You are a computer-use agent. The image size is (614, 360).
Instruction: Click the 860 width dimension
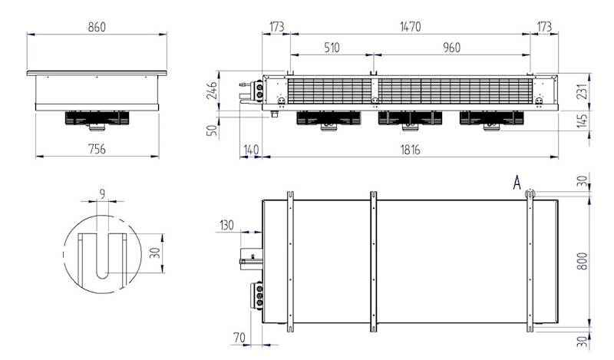point(97,27)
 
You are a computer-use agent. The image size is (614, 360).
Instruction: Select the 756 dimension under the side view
point(97,149)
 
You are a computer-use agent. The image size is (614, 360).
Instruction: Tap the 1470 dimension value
point(411,27)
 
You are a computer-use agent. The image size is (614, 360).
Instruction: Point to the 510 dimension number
point(332,48)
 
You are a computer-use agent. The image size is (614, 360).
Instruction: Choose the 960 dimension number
point(451,48)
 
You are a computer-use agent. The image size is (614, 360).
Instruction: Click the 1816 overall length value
point(411,149)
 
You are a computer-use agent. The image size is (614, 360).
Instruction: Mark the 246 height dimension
point(212,91)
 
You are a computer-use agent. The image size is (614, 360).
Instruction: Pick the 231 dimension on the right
point(583,91)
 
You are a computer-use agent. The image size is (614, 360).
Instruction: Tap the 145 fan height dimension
point(583,121)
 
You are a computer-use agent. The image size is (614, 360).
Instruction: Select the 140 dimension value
point(251,149)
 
